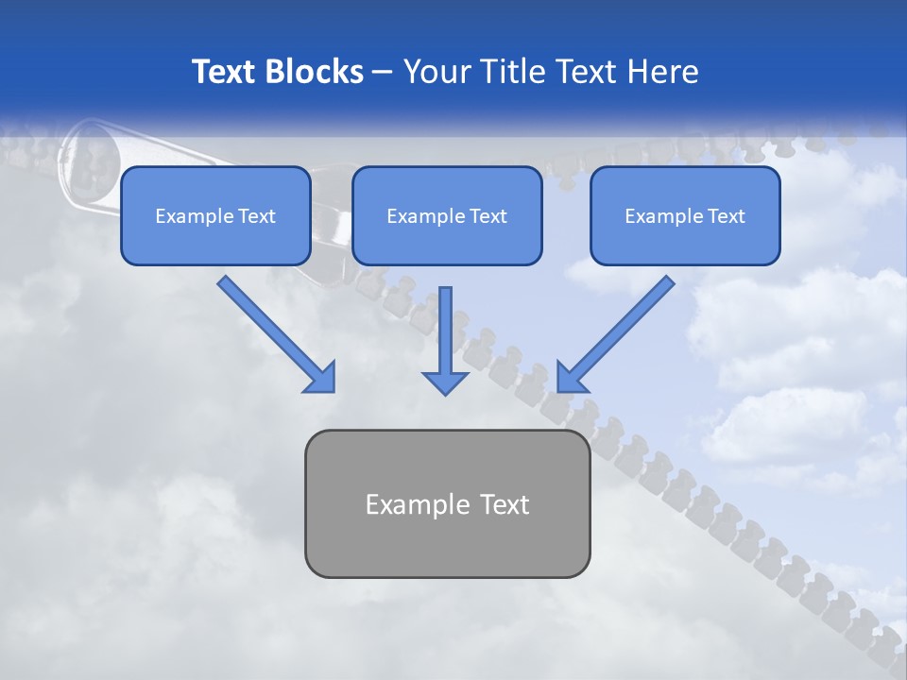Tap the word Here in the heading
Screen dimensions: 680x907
(660, 72)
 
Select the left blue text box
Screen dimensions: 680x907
(215, 215)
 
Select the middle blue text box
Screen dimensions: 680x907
(447, 215)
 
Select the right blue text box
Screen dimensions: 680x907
(685, 215)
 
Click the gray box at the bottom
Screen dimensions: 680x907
(447, 503)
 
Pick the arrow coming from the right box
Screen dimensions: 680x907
(620, 331)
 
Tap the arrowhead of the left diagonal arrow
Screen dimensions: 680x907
(321, 378)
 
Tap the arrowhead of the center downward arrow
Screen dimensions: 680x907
(446, 382)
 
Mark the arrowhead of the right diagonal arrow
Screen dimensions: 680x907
(571, 378)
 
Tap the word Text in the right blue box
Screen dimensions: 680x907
(727, 216)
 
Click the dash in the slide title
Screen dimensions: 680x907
(384, 73)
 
